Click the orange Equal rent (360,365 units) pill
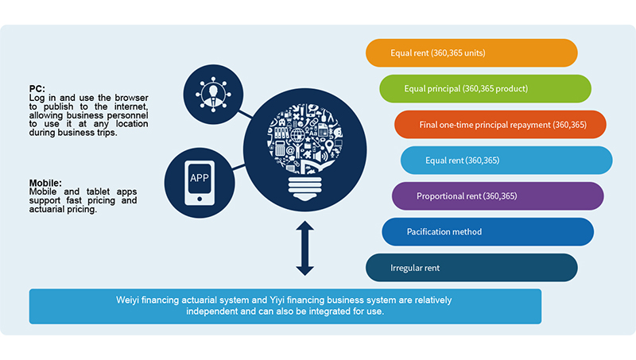(471, 53)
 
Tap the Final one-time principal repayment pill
(501, 125)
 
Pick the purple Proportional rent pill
(498, 195)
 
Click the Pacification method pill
(487, 231)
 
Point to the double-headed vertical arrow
(304, 249)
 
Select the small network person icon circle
(212, 91)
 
